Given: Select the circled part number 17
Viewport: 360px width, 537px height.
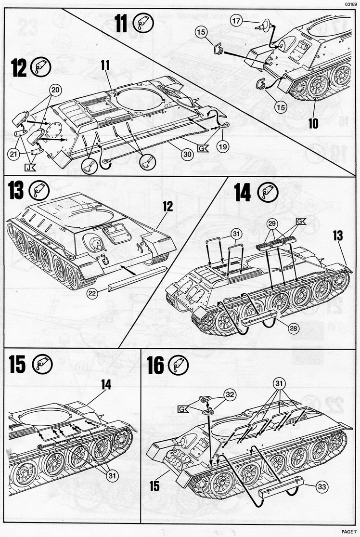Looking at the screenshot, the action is point(236,21).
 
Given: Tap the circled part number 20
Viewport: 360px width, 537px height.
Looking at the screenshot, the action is point(56,90).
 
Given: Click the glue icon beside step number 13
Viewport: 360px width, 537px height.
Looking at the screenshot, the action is point(40,191).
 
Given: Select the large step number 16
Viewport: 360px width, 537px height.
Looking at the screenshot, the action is point(155,366).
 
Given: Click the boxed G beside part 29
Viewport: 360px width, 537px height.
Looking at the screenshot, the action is point(301,222).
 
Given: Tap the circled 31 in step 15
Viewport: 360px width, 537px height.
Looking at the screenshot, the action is point(112,476).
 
